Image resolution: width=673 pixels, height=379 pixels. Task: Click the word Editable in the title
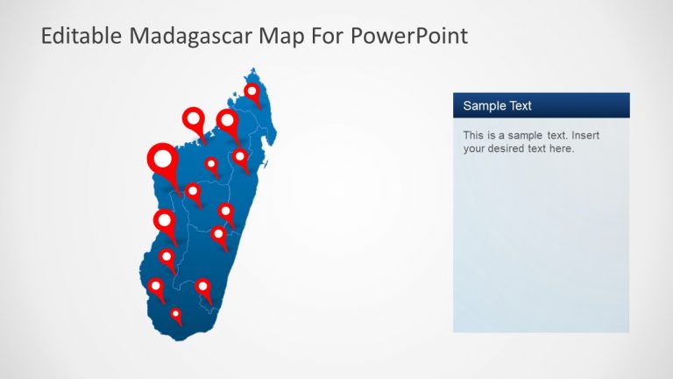point(80,36)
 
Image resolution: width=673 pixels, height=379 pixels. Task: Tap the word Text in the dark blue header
point(519,106)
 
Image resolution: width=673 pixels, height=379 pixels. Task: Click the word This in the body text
point(473,136)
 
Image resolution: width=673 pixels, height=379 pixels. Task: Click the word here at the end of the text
point(561,149)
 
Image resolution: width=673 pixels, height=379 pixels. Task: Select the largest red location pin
point(163,162)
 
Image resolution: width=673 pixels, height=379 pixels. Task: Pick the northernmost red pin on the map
point(252,93)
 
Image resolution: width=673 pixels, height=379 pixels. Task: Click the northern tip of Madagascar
point(253,69)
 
